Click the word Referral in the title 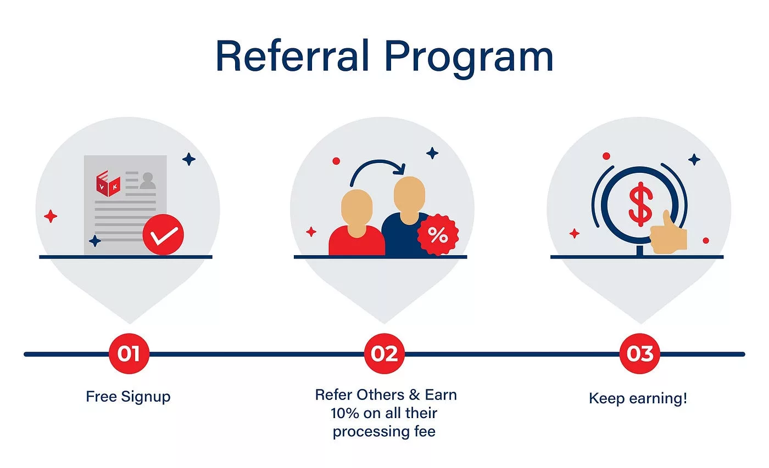(292, 55)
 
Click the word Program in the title (469, 59)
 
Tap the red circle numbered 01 (129, 353)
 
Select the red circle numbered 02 (384, 353)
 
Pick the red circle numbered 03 (639, 353)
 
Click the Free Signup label (128, 397)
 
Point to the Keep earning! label (638, 398)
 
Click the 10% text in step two (345, 413)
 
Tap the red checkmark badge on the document (163, 234)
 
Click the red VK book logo (108, 183)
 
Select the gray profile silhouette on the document (148, 181)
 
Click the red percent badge (438, 235)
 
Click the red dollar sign (640, 204)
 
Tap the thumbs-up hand (668, 234)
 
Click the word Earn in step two (441, 395)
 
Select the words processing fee (384, 432)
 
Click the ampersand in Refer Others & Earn (414, 395)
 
